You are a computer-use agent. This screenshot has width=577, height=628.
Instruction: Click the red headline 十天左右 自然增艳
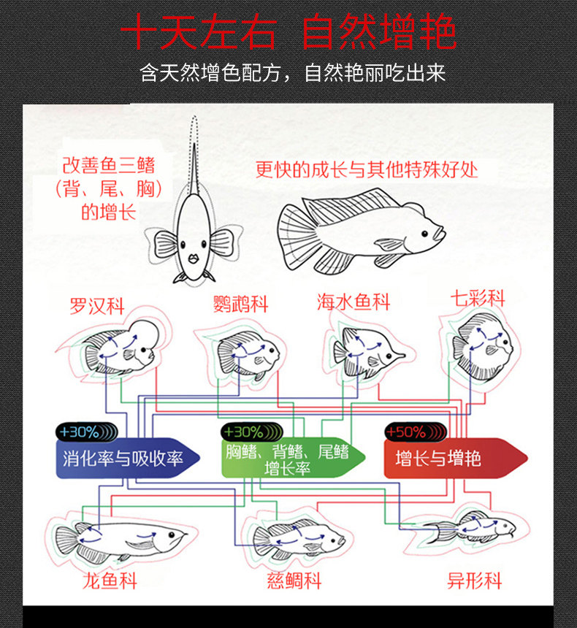(x=288, y=33)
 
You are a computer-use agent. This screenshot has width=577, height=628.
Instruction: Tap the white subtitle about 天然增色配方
(x=292, y=74)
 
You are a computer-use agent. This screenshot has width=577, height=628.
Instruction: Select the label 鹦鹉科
(x=240, y=304)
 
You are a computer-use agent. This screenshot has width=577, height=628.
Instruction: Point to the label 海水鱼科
(x=354, y=302)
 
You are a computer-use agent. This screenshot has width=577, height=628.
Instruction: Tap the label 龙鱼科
(x=110, y=581)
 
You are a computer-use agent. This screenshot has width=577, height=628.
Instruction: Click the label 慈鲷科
(x=294, y=581)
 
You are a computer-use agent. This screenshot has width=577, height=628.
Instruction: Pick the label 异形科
(x=475, y=581)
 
